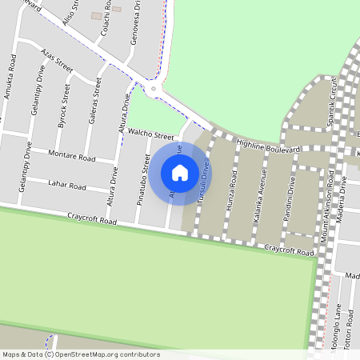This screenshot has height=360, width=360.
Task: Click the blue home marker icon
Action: pyautogui.click(x=180, y=173)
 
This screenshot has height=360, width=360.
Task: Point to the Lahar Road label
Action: pyautogui.click(x=67, y=186)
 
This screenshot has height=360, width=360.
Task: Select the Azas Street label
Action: pyautogui.click(x=56, y=60)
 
